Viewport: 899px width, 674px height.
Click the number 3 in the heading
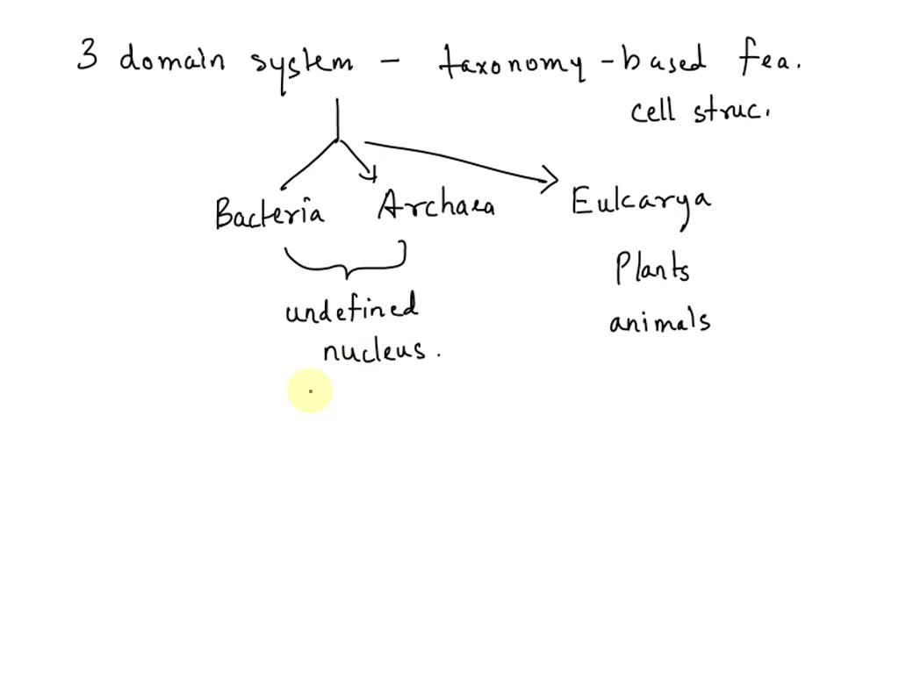(87, 59)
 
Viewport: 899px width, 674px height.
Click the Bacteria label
(269, 213)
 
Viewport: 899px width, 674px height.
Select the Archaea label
(435, 206)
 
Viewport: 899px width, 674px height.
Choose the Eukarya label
(641, 204)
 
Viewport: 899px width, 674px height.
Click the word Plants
(652, 268)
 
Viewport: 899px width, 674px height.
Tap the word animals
(659, 321)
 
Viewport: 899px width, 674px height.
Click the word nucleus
(376, 350)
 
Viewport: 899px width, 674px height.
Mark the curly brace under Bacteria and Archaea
(344, 264)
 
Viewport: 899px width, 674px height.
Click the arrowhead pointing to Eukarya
(550, 181)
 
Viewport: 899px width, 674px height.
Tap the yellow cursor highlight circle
(310, 391)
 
